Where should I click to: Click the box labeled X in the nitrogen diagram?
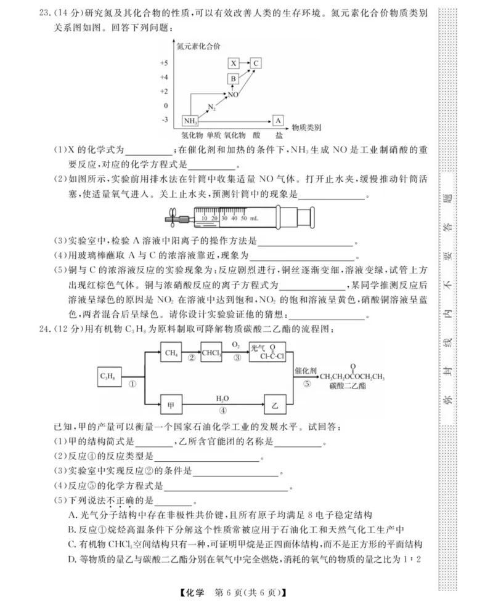[x=233, y=63]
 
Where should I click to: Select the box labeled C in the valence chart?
[x=256, y=63]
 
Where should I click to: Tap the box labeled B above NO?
[x=233, y=79]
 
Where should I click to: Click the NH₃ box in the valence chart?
[x=190, y=120]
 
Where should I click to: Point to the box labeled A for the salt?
[x=279, y=120]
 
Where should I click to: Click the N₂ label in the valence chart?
[x=211, y=108]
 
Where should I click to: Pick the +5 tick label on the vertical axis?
[x=163, y=63]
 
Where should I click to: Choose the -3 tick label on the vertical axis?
[x=164, y=119]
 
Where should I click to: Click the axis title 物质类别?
[x=306, y=127]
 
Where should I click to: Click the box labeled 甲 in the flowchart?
[x=171, y=406]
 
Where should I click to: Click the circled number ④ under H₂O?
[x=222, y=411]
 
